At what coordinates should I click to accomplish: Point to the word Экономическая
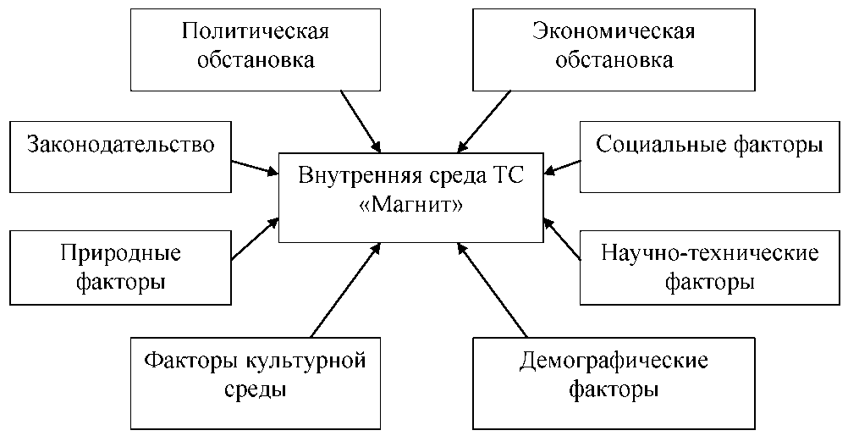[614, 32]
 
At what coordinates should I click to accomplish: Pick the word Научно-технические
[710, 253]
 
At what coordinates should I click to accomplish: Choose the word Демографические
[613, 361]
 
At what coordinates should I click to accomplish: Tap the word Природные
[120, 253]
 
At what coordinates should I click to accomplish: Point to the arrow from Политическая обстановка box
[359, 119]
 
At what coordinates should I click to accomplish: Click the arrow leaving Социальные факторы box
[562, 166]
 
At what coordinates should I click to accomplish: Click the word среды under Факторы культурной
[255, 389]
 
